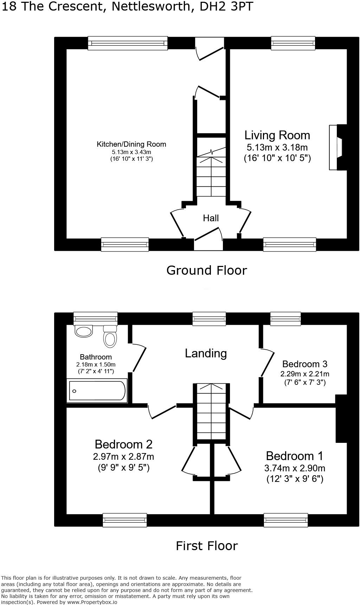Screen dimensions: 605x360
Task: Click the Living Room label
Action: [277, 135]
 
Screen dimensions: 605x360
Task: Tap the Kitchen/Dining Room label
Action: [131, 144]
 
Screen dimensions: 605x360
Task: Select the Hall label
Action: [211, 218]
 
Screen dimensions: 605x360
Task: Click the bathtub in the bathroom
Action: [97, 391]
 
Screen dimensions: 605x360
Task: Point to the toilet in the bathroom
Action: [110, 337]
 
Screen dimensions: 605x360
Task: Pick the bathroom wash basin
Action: [84, 331]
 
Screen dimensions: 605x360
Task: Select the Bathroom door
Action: [139, 358]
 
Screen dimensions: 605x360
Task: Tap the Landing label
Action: [206, 353]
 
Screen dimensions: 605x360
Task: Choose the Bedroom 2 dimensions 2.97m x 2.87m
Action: [123, 457]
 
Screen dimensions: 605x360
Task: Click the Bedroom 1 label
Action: [294, 456]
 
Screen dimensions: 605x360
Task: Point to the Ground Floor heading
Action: [206, 270]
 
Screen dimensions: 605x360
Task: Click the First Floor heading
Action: [207, 546]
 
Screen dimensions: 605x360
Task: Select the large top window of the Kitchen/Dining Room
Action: [128, 43]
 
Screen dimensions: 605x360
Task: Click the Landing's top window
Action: [209, 318]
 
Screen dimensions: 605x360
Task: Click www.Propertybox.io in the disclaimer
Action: [92, 602]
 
